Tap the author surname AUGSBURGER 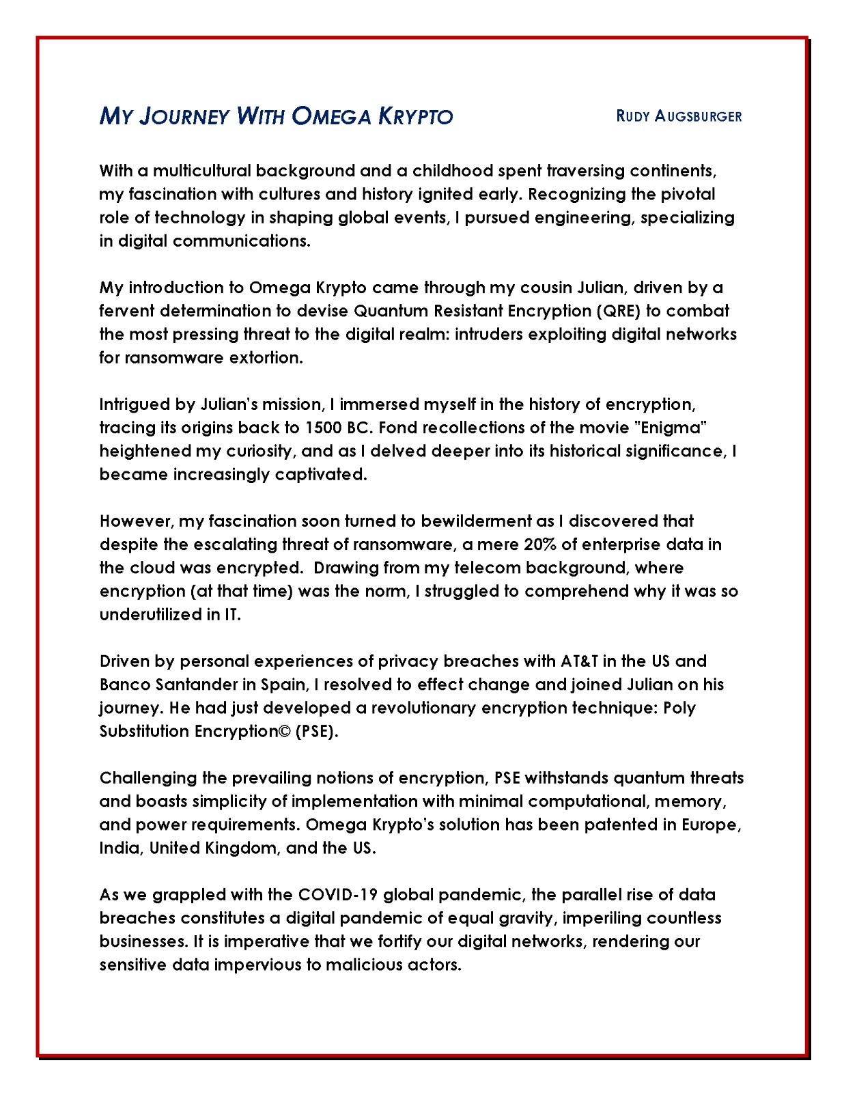pyautogui.click(x=698, y=116)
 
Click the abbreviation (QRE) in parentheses pyautogui.click(x=618, y=312)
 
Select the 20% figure pyautogui.click(x=541, y=545)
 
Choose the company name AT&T pyautogui.click(x=580, y=662)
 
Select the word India pyautogui.click(x=119, y=848)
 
